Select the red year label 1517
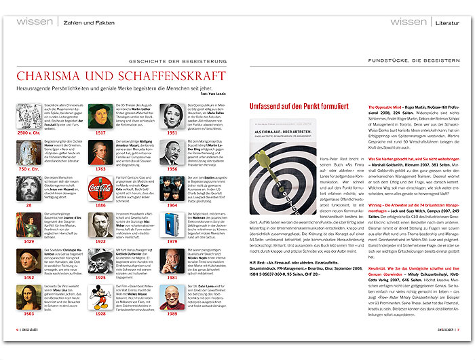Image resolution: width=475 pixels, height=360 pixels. [x=101, y=132]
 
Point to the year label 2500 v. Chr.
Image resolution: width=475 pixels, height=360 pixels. [x=29, y=132]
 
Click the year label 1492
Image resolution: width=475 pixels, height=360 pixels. [x=29, y=278]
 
